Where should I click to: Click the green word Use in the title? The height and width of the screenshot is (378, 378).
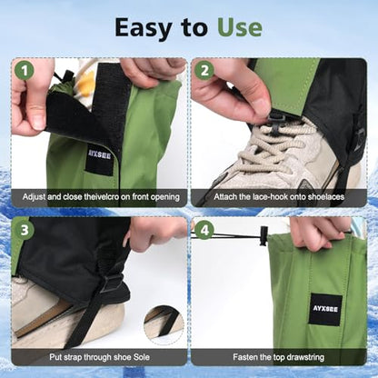pos(240,27)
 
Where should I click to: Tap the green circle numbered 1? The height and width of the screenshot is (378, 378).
pos(24,71)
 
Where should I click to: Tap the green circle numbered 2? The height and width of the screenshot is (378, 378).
pos(204,71)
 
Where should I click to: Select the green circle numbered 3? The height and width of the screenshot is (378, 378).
pos(25,231)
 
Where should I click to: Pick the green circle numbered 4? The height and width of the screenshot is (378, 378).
pos(204,231)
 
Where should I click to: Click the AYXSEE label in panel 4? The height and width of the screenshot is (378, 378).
pos(325,309)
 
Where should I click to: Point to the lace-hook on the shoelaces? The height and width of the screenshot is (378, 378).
pos(276,122)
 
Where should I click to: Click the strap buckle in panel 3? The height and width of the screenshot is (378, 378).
pos(110,283)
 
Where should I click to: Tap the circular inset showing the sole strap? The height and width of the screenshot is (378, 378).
pos(164,324)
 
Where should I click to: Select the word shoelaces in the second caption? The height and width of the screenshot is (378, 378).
pos(326,197)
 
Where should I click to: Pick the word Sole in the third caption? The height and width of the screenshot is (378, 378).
pos(140,357)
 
